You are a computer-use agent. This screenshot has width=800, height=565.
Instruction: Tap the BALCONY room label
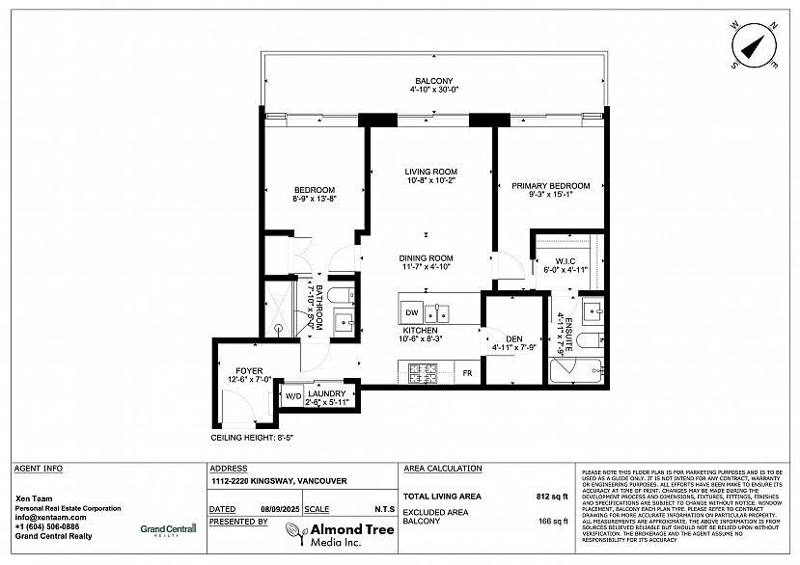433,81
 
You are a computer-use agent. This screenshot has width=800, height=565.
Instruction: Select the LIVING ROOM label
430,172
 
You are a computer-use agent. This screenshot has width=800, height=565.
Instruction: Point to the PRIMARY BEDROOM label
550,185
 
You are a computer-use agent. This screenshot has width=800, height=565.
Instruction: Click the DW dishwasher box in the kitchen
411,312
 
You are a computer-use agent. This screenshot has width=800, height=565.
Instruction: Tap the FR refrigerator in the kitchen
466,372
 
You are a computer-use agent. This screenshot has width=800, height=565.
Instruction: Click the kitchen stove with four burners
424,371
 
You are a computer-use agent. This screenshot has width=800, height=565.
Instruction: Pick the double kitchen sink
437,311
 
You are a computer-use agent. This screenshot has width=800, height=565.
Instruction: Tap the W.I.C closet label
566,261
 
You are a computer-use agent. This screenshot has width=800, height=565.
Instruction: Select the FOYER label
249,370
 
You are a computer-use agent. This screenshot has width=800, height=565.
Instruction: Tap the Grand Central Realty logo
168,528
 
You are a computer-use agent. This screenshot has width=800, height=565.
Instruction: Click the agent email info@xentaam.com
47,518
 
